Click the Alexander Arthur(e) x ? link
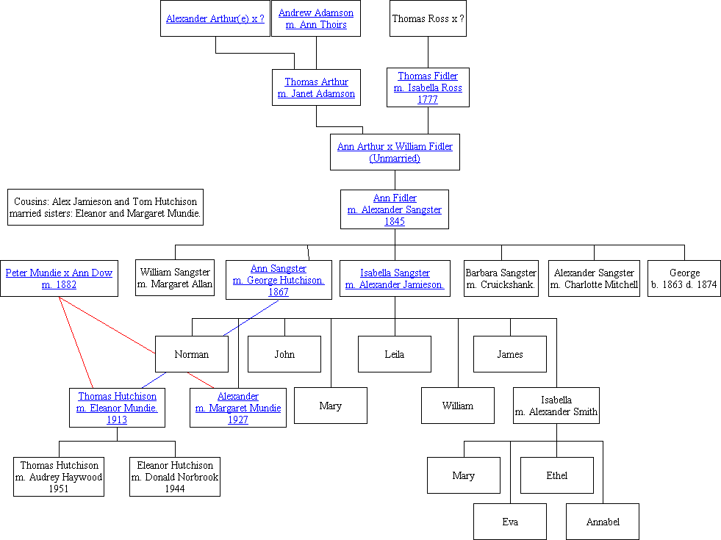[215, 19]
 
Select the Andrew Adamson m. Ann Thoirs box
[316, 19]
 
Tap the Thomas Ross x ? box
[428, 19]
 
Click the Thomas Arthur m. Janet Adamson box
[316, 87]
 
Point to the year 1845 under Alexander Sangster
[395, 221]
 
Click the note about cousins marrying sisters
[105, 208]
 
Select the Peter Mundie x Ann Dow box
[59, 278]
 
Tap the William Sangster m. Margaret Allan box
[176, 278]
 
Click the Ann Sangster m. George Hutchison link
[279, 280]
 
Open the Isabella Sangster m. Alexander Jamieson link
[395, 278]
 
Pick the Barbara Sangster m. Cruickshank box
[501, 278]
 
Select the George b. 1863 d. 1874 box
[684, 278]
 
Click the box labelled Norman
[192, 354]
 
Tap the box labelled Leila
[395, 354]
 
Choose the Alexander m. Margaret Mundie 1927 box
[238, 408]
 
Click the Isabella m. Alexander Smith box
[556, 406]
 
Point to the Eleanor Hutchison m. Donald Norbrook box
[175, 477]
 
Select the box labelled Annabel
[603, 522]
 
